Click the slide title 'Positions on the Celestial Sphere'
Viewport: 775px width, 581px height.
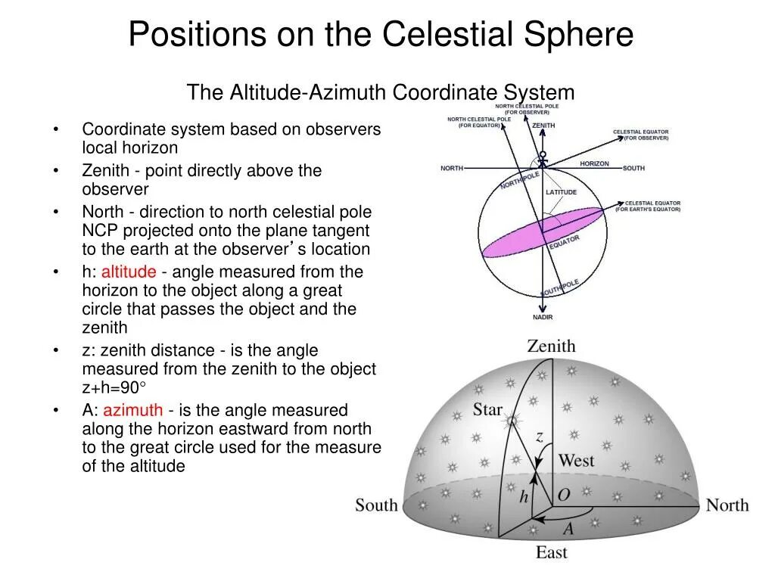pos(381,35)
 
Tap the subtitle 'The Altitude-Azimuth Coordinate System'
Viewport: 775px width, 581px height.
pos(381,92)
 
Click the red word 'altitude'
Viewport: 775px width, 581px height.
pos(129,272)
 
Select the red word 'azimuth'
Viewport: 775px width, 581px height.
pos(132,409)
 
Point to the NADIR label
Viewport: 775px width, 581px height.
pos(543,317)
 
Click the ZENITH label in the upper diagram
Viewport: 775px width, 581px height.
pos(543,126)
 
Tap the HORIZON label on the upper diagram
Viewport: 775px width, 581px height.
pos(594,163)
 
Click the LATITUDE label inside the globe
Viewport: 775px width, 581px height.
pos(561,192)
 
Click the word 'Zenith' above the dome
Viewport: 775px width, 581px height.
pos(551,346)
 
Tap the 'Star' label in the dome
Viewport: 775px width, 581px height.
pos(487,409)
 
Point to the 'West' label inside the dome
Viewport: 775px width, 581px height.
pos(576,461)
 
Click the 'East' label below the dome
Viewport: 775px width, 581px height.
pos(552,552)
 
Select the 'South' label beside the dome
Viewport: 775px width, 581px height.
pos(376,505)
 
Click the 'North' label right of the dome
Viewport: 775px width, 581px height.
pos(727,505)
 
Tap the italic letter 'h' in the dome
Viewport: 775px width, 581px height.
pos(524,496)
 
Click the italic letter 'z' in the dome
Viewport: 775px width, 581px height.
pos(540,437)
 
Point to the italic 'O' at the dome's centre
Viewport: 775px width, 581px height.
pos(564,495)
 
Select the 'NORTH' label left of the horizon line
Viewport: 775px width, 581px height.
pos(452,169)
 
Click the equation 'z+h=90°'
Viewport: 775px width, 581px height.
pos(114,387)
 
